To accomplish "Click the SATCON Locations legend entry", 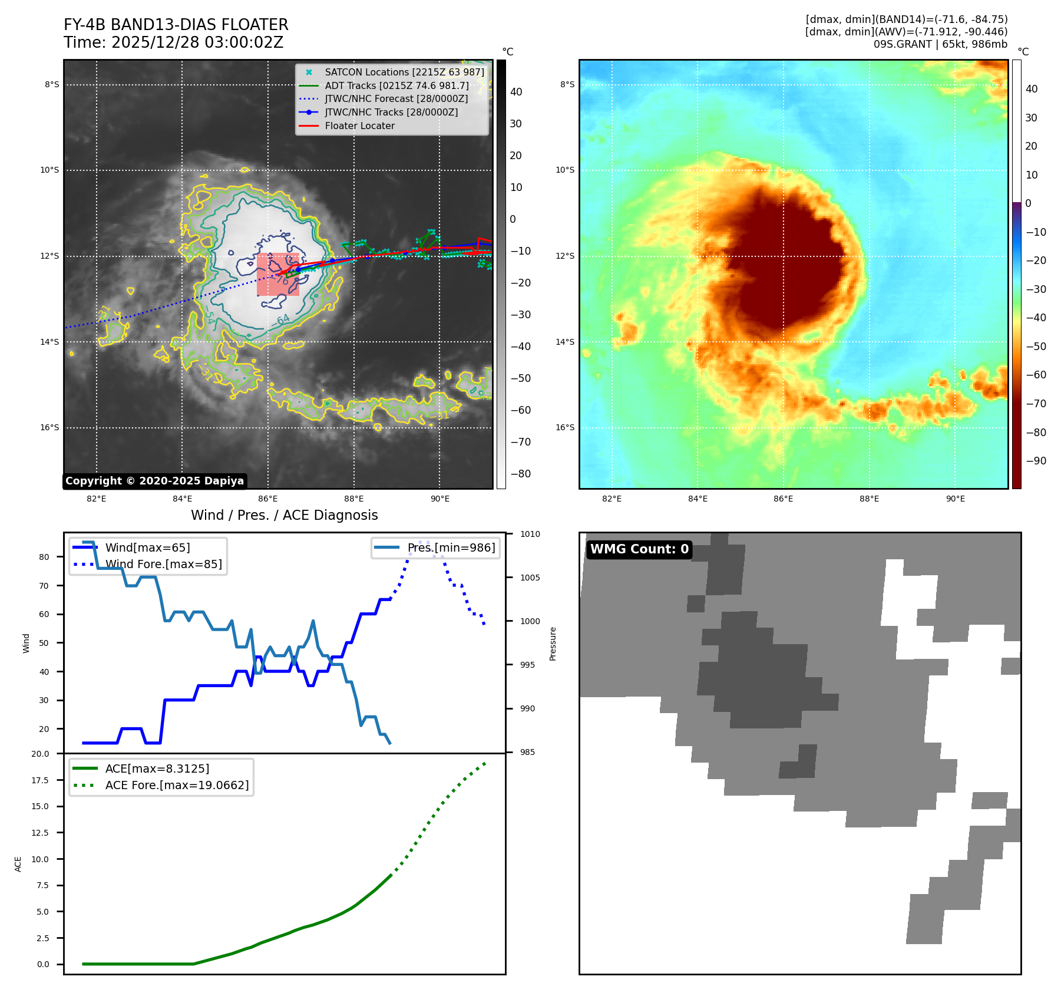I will coord(404,72).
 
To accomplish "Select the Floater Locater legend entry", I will coord(359,126).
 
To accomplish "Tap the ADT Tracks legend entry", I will coord(396,85).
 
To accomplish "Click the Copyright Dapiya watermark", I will coord(154,481).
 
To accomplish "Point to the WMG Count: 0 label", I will coord(639,549).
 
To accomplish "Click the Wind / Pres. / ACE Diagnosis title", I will coord(284,515).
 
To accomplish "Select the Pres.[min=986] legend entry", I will coord(451,548).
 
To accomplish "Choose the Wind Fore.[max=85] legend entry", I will coord(163,564).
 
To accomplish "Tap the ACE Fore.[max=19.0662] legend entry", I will coord(177,785).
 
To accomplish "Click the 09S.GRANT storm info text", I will coord(940,44).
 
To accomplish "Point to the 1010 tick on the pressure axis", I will coord(530,534).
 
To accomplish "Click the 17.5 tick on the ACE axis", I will coord(40,780).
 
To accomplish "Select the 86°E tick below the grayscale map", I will coord(268,499).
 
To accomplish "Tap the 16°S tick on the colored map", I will coord(565,427).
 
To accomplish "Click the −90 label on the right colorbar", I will coord(1036,461).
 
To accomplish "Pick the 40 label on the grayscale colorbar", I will coord(516,91).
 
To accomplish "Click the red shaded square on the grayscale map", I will coord(278,275).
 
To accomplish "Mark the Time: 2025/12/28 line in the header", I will coord(174,42).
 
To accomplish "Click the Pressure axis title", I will coord(553,644).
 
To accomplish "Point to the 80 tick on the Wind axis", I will coord(44,557).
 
